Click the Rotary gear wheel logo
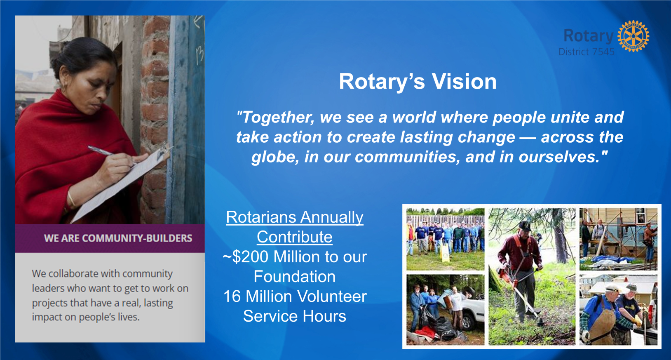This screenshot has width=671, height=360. tap(633, 36)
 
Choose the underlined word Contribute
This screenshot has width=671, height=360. tap(294, 237)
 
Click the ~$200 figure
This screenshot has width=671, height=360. tap(246, 257)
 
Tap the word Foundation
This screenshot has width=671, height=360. tap(294, 276)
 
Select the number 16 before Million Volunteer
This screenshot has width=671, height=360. tap(232, 296)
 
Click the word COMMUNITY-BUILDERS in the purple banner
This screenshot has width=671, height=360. tap(137, 238)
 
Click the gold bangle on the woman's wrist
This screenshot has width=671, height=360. tap(71, 199)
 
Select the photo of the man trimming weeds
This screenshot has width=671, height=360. tap(532, 277)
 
